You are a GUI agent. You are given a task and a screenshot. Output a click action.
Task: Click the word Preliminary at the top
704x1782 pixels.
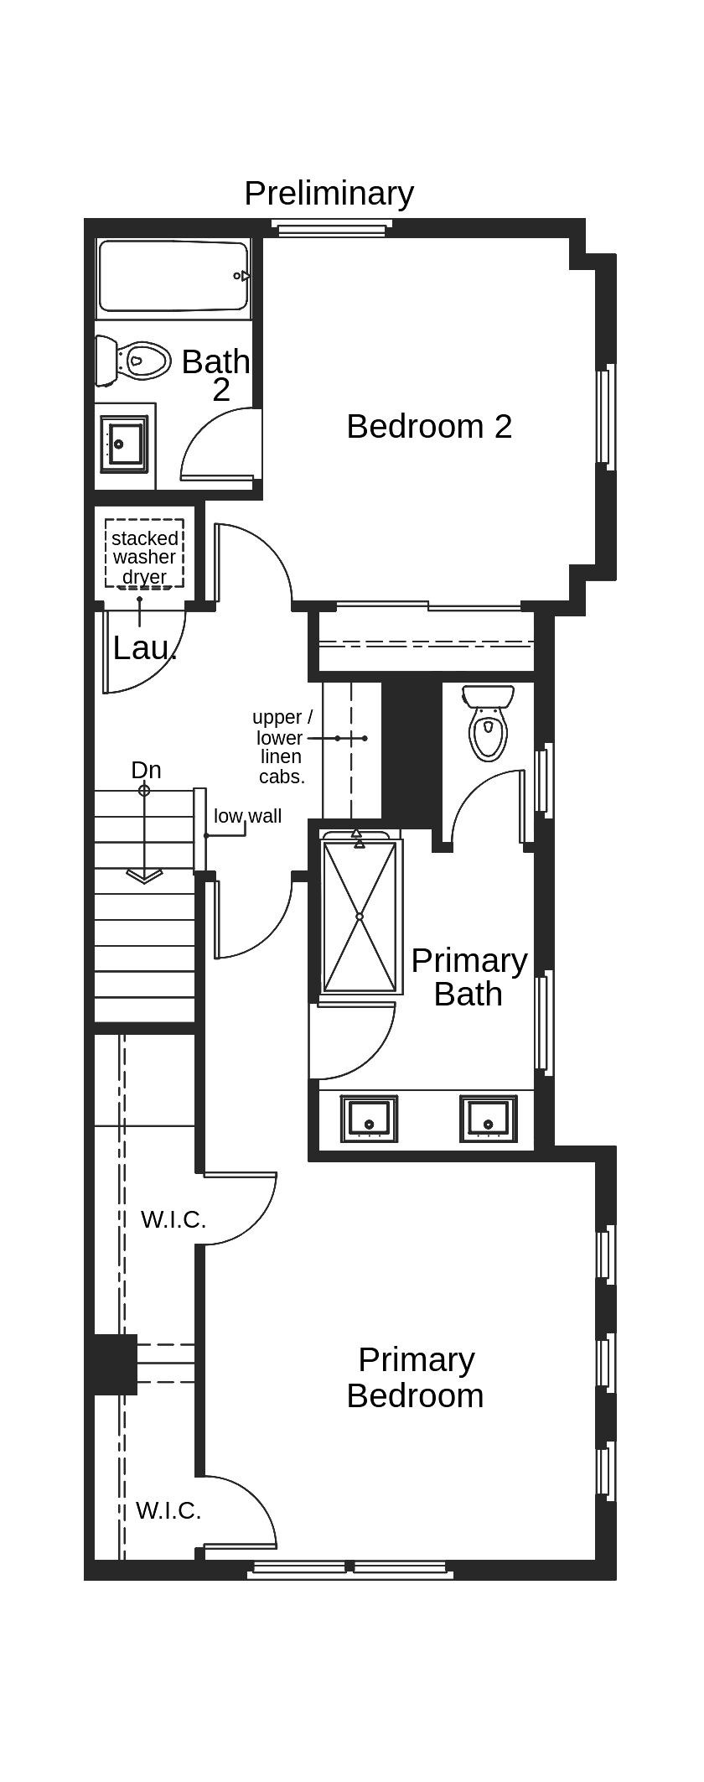coord(329,194)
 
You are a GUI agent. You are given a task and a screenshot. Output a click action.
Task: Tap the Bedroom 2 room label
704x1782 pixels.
coord(429,426)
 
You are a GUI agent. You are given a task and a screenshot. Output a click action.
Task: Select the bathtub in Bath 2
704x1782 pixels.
coord(173,277)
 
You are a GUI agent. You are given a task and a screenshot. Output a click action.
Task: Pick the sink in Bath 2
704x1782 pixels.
coord(123,444)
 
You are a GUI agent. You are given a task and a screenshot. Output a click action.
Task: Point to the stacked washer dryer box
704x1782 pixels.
coord(144,554)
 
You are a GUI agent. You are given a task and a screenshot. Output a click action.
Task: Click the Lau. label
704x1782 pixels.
coord(144,648)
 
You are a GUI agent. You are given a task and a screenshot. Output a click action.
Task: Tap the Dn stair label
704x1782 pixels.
coord(146,770)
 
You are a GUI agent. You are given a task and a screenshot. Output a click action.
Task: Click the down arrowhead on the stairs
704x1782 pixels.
coord(144,875)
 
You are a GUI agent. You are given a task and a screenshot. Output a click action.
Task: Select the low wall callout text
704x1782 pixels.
coord(247,816)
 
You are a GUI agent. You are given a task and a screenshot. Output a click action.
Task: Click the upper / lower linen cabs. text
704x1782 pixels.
coord(282,746)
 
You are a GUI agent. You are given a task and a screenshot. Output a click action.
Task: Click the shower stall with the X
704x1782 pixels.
coord(360,917)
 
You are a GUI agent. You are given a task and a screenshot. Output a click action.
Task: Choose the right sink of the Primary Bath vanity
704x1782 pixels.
coord(488,1119)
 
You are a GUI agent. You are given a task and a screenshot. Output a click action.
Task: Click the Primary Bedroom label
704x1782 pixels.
coord(416,1377)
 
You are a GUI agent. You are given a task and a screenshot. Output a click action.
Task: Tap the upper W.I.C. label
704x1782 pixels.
coord(173,1219)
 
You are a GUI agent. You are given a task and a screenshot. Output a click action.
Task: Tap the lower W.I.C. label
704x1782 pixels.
coord(168,1510)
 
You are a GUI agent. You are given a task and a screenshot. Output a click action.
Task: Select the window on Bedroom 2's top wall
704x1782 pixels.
coord(332,227)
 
